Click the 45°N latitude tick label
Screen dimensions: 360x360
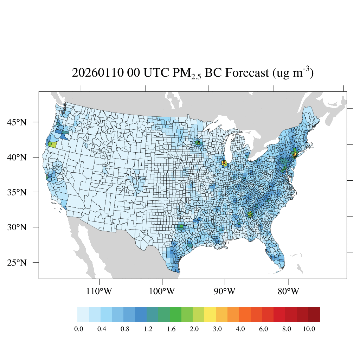(17, 122)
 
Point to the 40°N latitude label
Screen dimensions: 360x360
(17, 157)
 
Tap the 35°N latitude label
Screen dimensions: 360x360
(17, 192)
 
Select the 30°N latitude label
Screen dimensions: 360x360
(17, 227)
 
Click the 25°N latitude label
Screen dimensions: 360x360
(17, 263)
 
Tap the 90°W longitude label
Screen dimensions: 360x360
(225, 291)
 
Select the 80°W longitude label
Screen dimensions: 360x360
(289, 291)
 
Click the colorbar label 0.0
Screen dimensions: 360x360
(78, 329)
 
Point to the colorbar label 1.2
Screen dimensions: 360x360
(148, 329)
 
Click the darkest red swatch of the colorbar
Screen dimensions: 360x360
(314, 314)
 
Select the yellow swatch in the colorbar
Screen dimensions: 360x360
(210, 314)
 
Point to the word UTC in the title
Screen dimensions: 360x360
(154, 73)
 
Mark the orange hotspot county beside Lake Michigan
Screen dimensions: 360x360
(224, 163)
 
